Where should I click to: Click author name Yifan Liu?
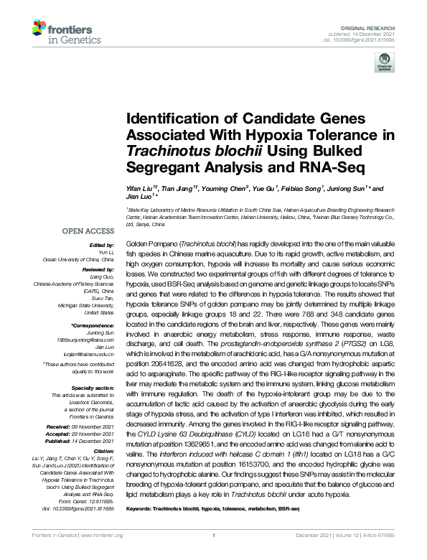click(140, 187)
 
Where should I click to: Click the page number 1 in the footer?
click(214, 555)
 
